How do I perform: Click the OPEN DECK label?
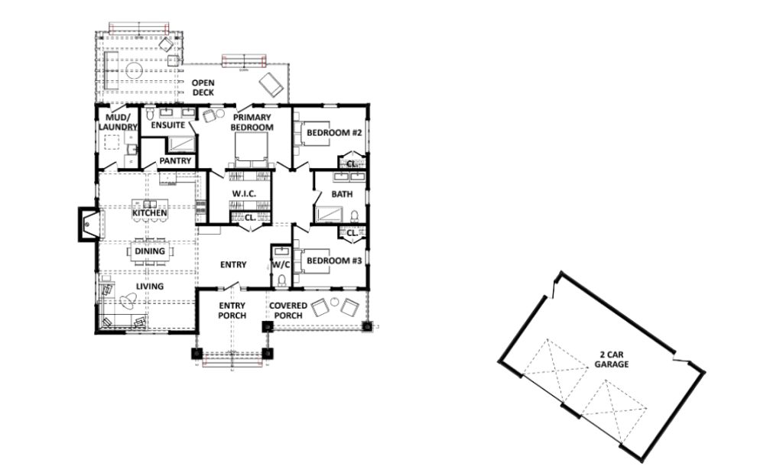coord(203,88)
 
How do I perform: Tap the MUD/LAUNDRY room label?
coord(118,121)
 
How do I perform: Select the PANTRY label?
coord(175,161)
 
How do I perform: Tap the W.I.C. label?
coord(242,194)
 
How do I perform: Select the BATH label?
coord(342,194)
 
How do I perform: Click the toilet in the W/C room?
coord(282,281)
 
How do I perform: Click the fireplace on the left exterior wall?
coord(87,225)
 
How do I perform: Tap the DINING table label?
coord(150,251)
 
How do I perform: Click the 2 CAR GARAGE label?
coord(612,360)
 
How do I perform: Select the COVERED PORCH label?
coord(288,310)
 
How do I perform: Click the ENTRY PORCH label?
coord(232,310)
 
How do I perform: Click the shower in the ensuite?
coord(181,144)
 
